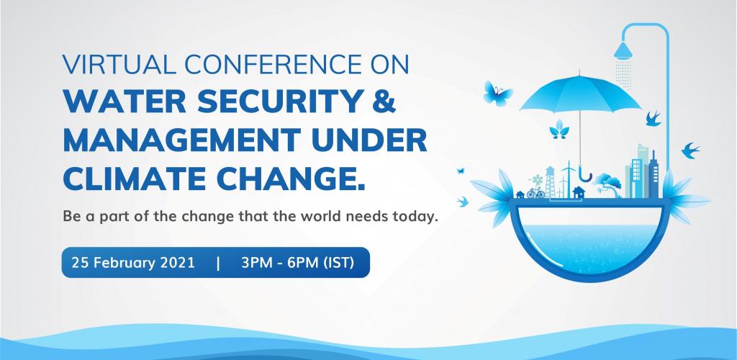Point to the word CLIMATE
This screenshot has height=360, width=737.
tap(135, 179)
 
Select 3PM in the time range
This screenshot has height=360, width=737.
tap(254, 262)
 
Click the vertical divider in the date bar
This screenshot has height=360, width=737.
tap(218, 263)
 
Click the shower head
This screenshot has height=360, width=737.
tap(623, 50)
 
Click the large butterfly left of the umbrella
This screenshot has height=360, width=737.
tap(497, 94)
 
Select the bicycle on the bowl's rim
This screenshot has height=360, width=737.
tap(535, 193)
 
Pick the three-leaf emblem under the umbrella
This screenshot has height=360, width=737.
tap(559, 130)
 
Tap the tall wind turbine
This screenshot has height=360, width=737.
tap(568, 179)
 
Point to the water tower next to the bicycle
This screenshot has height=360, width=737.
tap(550, 182)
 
